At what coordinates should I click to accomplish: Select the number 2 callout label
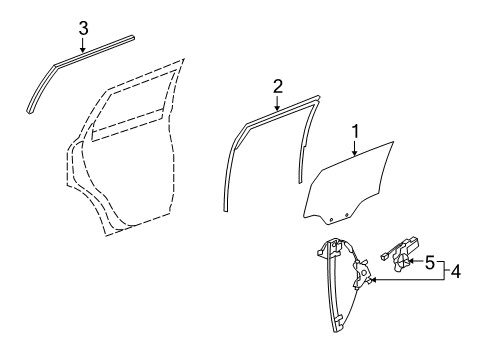point(277,87)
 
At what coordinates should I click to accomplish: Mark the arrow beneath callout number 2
point(277,103)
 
